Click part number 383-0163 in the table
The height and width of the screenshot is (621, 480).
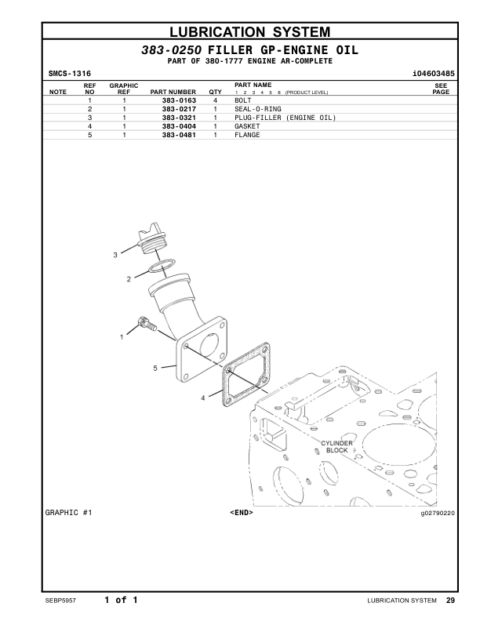pyautogui.click(x=179, y=101)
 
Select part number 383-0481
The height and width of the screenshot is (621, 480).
pyautogui.click(x=179, y=134)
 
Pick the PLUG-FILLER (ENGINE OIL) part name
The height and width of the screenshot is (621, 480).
pyautogui.click(x=285, y=118)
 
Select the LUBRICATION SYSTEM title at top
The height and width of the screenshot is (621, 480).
pyautogui.click(x=250, y=32)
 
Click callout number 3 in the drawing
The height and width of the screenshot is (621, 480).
pyautogui.click(x=115, y=255)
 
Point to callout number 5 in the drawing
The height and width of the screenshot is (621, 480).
pyautogui.click(x=155, y=367)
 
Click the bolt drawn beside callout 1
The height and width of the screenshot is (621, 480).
pyautogui.click(x=147, y=323)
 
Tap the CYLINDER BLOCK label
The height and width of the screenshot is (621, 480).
pyautogui.click(x=336, y=447)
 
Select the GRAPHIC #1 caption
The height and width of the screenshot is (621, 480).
pyautogui.click(x=70, y=513)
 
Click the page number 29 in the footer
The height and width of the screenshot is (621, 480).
pyautogui.click(x=450, y=601)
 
